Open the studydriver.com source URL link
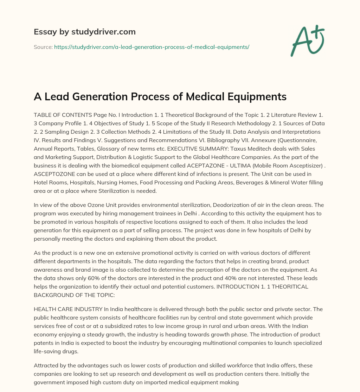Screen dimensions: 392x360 152,47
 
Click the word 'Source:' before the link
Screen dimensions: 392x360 43,47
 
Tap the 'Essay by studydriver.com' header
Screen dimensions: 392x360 84,32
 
